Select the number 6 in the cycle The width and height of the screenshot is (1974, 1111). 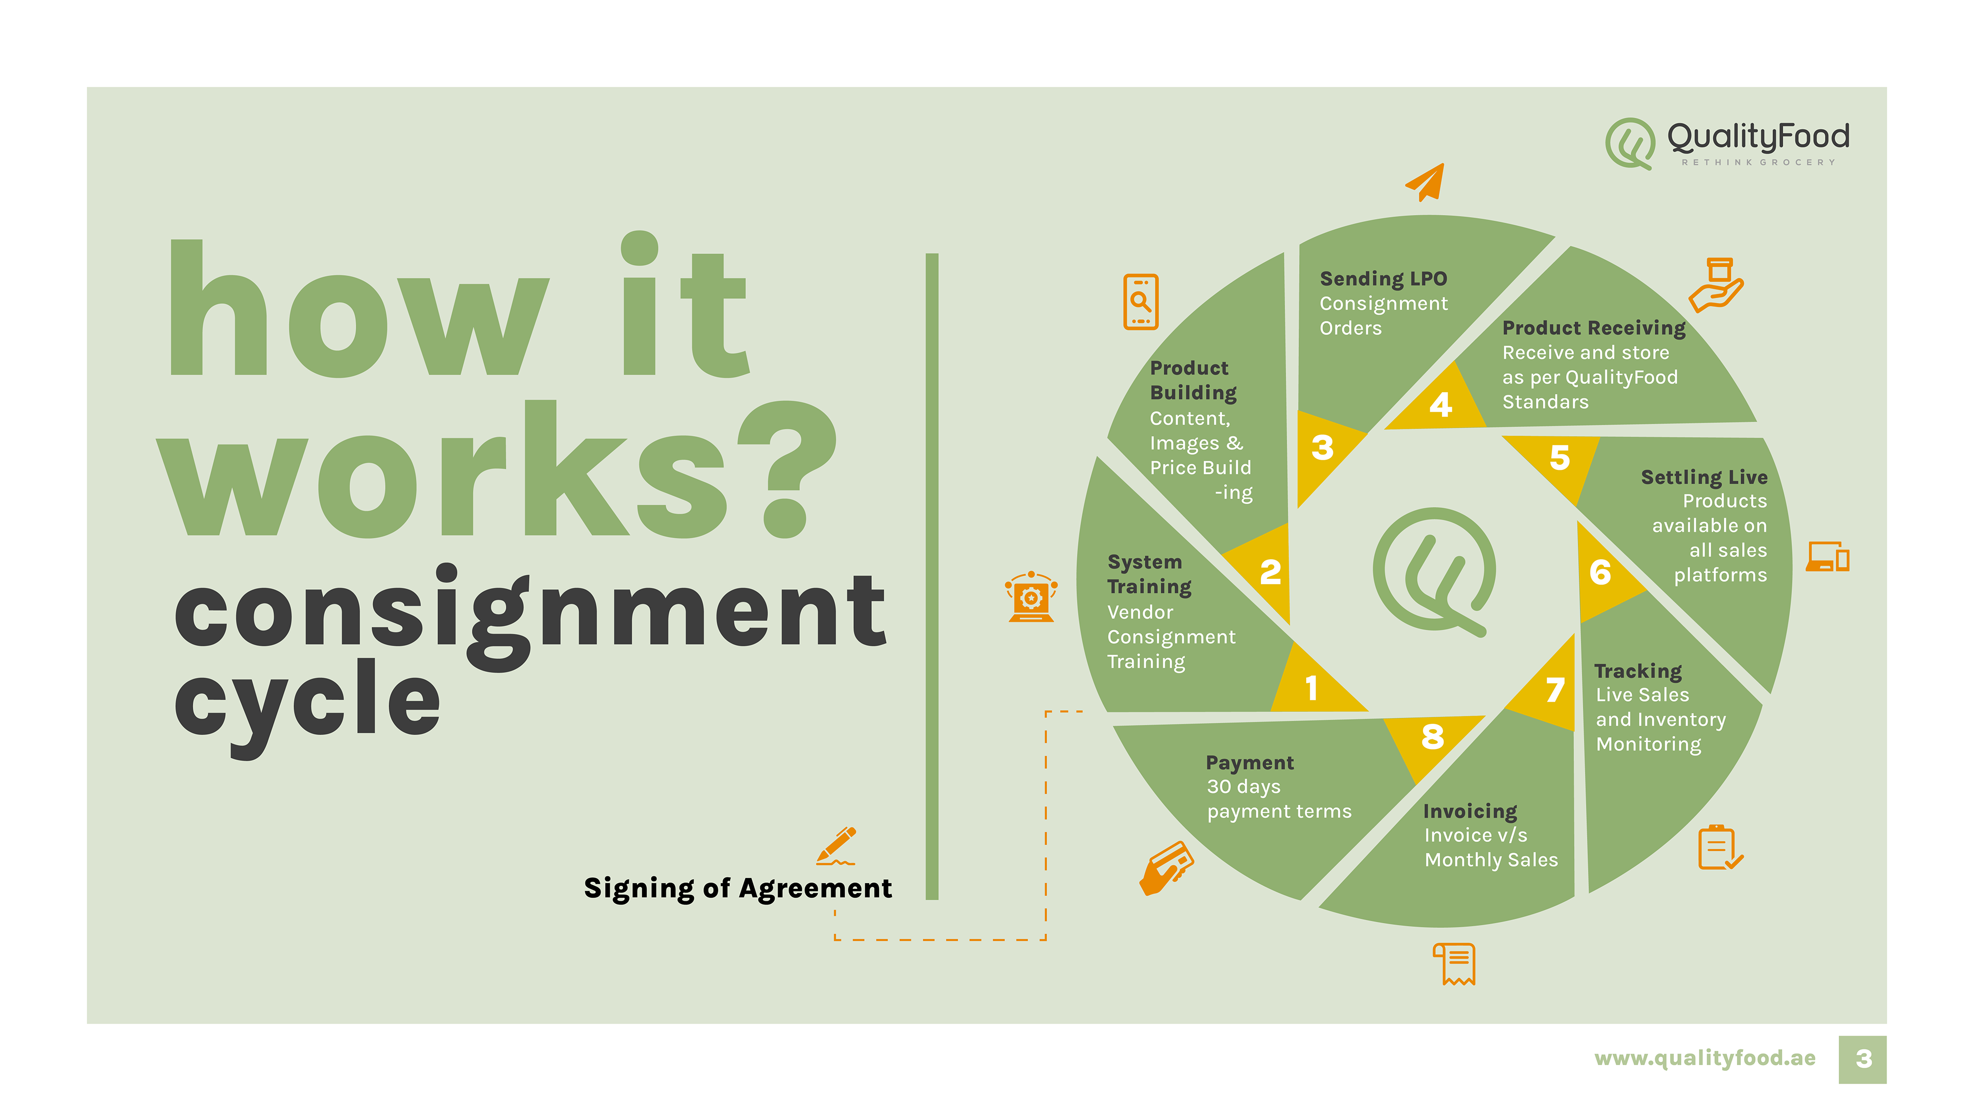click(1601, 572)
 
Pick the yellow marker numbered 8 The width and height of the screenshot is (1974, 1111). click(1432, 737)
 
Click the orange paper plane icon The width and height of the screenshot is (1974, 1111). click(1427, 183)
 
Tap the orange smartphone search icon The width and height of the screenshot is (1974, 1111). click(1140, 302)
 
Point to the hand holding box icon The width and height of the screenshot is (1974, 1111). click(1716, 285)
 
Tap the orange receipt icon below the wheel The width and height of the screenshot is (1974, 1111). click(1454, 963)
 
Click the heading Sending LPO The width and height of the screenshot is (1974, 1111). click(1383, 279)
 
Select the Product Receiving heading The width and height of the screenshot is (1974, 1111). click(1594, 328)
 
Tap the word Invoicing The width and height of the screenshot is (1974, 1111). click(1470, 811)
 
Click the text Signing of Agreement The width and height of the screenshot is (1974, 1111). click(737, 888)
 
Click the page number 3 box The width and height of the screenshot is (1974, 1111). click(1863, 1059)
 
